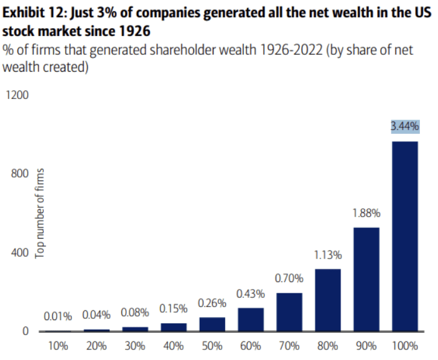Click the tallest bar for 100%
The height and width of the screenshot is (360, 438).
click(404, 236)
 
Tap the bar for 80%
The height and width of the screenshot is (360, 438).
click(328, 300)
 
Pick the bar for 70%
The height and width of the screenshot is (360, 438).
click(289, 311)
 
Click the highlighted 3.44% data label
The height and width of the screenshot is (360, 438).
click(404, 126)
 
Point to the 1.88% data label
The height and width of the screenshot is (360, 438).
click(366, 212)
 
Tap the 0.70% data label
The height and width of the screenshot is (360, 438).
click(289, 278)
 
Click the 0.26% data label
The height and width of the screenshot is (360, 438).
click(212, 303)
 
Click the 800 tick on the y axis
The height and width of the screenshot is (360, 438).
click(19, 174)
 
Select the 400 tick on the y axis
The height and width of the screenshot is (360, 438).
click(19, 252)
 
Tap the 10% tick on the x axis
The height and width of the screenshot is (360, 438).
click(58, 346)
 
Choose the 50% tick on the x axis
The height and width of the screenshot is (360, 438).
click(212, 346)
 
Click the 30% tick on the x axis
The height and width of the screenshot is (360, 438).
click(135, 346)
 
